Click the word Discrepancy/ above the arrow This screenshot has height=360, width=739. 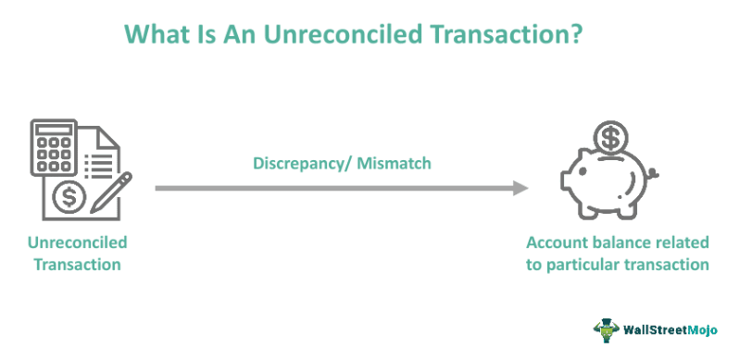[303, 163]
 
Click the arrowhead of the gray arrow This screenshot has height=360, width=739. [521, 188]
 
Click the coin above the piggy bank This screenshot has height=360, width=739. [609, 139]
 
